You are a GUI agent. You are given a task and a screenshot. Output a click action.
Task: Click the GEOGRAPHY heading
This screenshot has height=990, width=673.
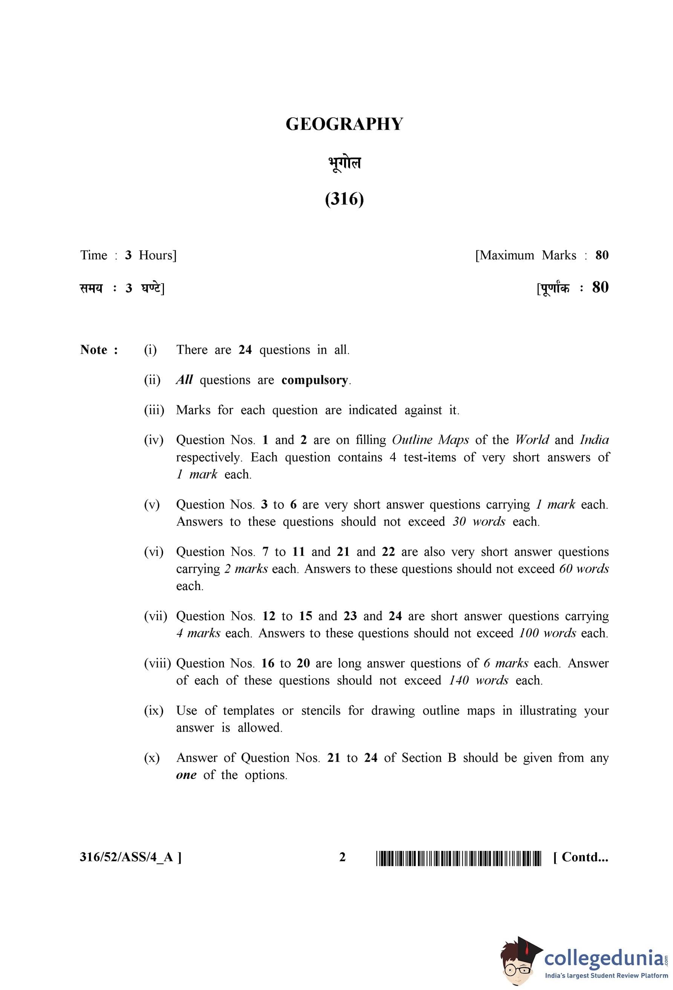344,124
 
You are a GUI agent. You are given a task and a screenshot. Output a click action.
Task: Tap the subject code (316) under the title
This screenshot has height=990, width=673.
344,199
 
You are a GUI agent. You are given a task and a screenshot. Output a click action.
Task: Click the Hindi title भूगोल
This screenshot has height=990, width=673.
344,163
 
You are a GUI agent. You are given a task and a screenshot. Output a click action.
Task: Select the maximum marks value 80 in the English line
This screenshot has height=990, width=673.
601,255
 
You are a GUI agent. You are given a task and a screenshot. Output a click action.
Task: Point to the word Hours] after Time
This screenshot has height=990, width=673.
157,255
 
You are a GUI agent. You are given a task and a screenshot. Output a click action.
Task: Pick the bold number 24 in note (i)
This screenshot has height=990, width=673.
245,350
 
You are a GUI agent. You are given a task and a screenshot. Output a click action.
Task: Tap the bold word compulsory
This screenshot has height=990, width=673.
315,380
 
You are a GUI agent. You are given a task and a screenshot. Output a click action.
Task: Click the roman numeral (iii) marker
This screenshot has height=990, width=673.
154,410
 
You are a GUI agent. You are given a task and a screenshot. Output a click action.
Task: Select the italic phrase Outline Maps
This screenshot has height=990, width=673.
430,440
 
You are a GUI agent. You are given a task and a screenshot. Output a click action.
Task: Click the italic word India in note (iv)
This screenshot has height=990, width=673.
594,440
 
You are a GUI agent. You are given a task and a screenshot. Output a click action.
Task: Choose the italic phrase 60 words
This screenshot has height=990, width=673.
584,569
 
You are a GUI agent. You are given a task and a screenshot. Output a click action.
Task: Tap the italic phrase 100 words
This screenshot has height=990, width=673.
548,633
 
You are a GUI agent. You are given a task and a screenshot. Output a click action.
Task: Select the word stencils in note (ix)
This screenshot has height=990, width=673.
321,710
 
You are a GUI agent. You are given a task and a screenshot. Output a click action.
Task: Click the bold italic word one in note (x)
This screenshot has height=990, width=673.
186,774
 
